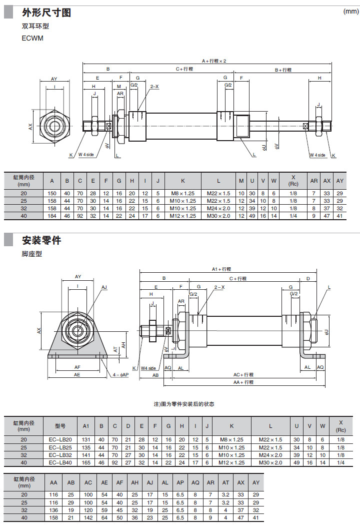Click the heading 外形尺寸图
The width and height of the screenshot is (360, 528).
(46, 13)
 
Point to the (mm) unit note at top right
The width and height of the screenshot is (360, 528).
(350, 12)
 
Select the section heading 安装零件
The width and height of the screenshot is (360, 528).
(41, 240)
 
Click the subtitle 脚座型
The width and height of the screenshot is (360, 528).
(32, 254)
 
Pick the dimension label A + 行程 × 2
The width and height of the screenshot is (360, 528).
(214, 61)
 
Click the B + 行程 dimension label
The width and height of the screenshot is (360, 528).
(283, 70)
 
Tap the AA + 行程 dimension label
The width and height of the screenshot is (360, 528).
(243, 382)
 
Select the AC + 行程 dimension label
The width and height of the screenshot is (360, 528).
(243, 374)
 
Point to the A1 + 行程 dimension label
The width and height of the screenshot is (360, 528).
(221, 269)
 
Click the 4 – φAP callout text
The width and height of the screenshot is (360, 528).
(120, 374)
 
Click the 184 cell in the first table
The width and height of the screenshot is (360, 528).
(52, 216)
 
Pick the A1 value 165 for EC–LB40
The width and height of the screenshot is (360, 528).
(85, 462)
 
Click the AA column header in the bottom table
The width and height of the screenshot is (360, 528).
(53, 482)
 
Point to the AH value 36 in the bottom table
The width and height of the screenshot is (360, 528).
(135, 517)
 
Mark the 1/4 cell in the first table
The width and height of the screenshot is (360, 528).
(293, 216)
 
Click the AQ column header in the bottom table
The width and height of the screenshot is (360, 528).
(195, 482)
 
